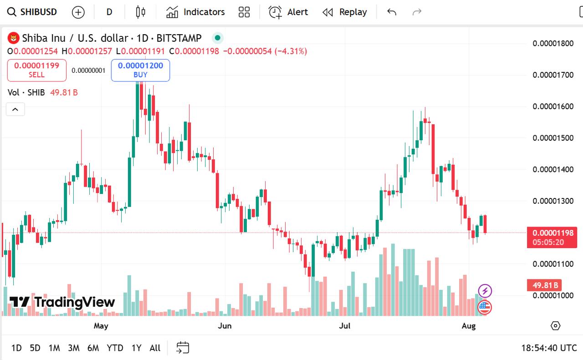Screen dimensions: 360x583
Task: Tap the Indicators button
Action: point(195,12)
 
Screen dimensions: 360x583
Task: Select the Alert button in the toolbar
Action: point(288,12)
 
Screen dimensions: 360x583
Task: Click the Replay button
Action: point(345,12)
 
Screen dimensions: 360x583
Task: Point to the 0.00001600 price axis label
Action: point(553,106)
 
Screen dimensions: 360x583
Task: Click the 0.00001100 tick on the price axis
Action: point(553,264)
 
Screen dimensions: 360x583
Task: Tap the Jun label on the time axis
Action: point(225,325)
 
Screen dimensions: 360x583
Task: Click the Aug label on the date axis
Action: point(469,325)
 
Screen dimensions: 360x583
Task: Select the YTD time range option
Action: point(115,348)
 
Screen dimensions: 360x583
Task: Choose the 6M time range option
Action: point(93,348)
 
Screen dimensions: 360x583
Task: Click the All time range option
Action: point(155,348)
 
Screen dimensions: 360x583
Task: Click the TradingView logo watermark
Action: point(62,302)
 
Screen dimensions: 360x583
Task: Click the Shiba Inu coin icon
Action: point(14,38)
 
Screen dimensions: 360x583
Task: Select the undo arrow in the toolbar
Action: point(392,12)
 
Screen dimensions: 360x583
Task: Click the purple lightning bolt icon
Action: point(485,290)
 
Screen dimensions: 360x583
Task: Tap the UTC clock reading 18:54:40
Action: point(549,348)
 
